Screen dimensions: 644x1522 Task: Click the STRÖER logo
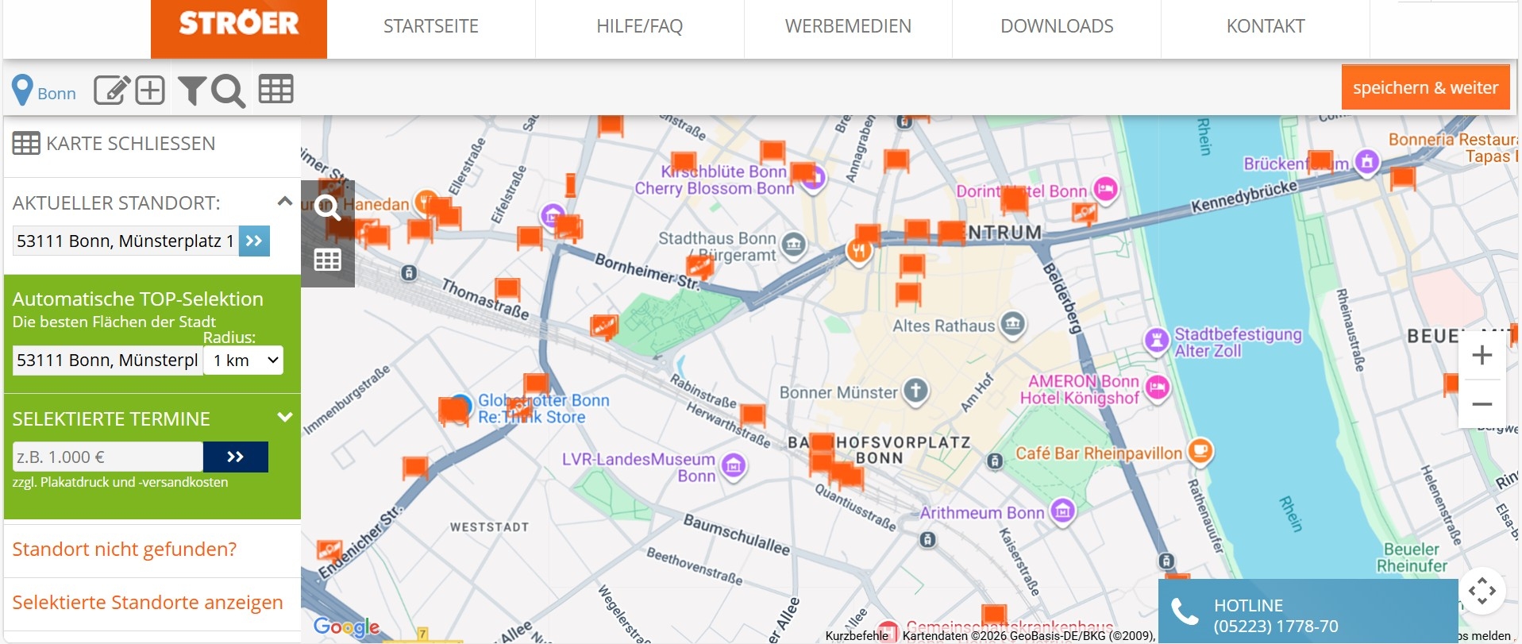pos(238,24)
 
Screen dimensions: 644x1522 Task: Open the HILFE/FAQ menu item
pos(639,26)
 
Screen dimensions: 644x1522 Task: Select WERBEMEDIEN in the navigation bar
pos(847,26)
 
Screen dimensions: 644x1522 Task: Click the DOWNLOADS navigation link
pos(1056,26)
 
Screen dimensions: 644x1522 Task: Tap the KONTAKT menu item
pos(1265,26)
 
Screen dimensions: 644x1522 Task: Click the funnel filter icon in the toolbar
pos(191,91)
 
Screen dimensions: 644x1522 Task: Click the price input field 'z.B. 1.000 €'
pos(108,457)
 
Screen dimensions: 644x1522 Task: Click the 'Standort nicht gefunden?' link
pos(125,550)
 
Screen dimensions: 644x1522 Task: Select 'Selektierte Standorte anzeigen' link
pos(148,603)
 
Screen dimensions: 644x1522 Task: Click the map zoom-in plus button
pos(1482,355)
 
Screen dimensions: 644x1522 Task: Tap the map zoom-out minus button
pos(1482,404)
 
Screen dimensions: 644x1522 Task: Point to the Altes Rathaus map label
pos(943,326)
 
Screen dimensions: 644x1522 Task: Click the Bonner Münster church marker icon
pos(915,391)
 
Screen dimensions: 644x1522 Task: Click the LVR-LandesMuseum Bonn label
pos(639,468)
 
